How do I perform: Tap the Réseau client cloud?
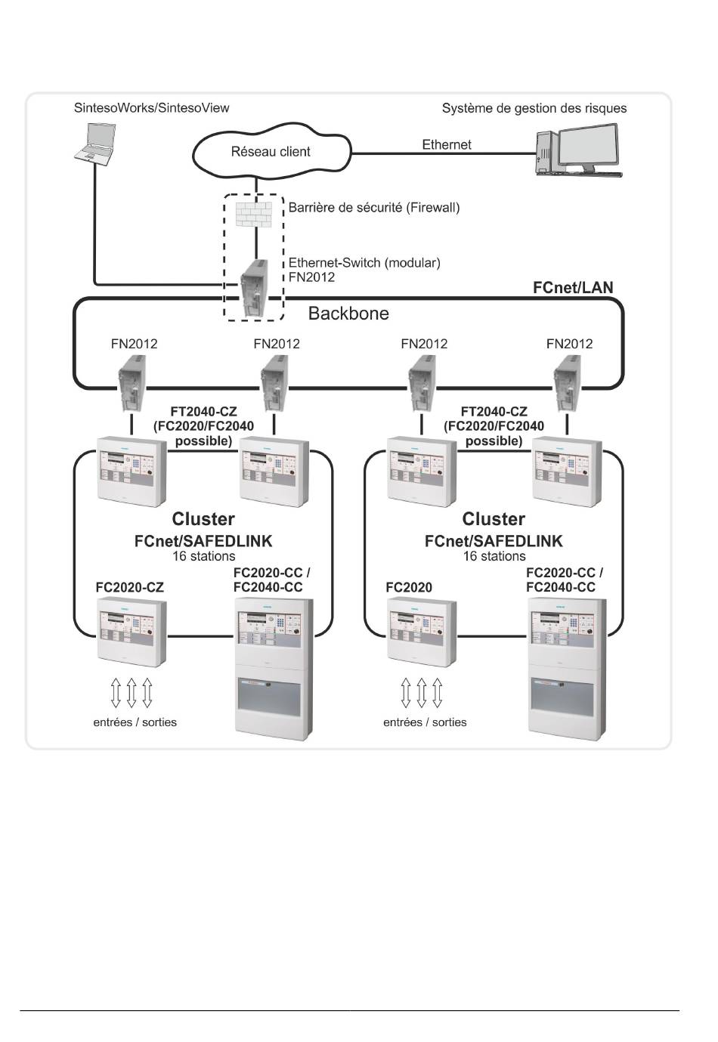(271, 152)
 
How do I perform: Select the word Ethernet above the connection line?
(446, 144)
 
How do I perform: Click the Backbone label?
(348, 314)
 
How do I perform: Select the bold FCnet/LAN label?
(573, 287)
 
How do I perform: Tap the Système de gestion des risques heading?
(534, 108)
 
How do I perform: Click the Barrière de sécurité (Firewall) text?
(373, 207)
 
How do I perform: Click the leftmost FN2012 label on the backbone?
(134, 344)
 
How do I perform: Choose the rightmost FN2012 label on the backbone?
(569, 344)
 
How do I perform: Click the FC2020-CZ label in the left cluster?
(129, 587)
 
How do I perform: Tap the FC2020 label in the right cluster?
(408, 587)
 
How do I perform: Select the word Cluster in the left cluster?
(203, 519)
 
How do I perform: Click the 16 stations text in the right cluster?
(494, 556)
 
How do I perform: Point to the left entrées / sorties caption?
(135, 722)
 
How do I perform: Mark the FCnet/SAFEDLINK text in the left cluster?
(203, 541)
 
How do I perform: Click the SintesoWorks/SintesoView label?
(151, 108)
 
